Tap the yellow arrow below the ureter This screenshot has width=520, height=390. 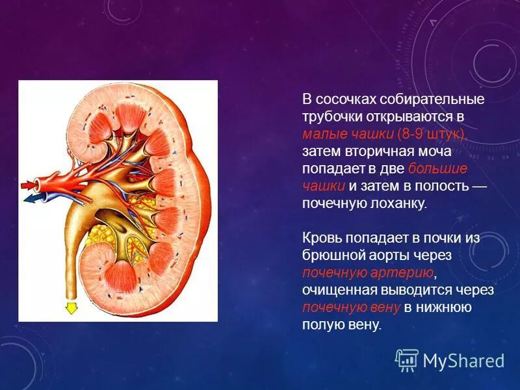point(71,308)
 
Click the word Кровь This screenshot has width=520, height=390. point(320,238)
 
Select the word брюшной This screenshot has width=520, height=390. point(331,255)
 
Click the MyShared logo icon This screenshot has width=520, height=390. point(407,359)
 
